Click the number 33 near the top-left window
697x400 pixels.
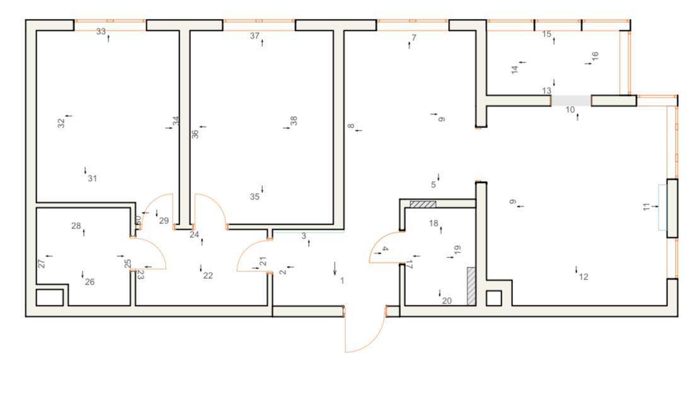tap(101, 32)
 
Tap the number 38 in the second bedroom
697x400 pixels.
tap(294, 121)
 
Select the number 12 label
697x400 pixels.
tap(584, 277)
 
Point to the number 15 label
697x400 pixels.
tap(547, 34)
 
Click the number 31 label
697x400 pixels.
tap(93, 179)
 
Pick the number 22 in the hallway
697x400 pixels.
tap(208, 276)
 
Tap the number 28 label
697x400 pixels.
tap(76, 226)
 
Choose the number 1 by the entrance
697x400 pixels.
tap(342, 281)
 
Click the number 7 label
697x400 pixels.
tap(414, 38)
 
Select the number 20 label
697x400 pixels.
tap(447, 301)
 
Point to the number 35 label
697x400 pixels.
tap(255, 197)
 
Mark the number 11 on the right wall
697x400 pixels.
tap(646, 206)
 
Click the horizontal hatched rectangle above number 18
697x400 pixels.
tap(423, 204)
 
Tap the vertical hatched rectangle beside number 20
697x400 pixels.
tap(470, 286)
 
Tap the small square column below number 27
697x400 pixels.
tap(49, 297)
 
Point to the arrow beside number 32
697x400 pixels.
tap(68, 116)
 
